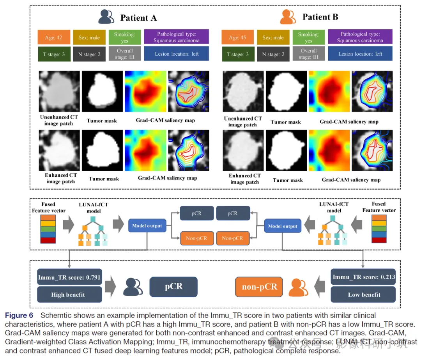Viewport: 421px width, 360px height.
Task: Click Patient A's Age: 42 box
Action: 53,37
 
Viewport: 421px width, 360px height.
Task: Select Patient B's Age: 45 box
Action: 237,37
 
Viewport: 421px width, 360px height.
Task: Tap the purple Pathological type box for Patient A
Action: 176,37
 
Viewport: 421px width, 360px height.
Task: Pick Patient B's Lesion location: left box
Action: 360,54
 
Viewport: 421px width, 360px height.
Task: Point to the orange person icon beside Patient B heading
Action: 289,16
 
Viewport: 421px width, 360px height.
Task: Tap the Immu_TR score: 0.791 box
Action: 69,277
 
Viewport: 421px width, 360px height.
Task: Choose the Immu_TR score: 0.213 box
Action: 363,277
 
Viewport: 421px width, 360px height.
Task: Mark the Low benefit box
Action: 363,294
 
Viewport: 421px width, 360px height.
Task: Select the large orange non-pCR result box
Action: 259,287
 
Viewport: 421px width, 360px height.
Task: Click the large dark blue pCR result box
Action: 173,286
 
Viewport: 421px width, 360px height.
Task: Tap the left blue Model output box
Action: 147,226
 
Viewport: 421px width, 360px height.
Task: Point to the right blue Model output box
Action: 283,226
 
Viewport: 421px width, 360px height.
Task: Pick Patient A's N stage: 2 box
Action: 89,54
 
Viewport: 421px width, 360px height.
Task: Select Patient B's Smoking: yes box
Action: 308,37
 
